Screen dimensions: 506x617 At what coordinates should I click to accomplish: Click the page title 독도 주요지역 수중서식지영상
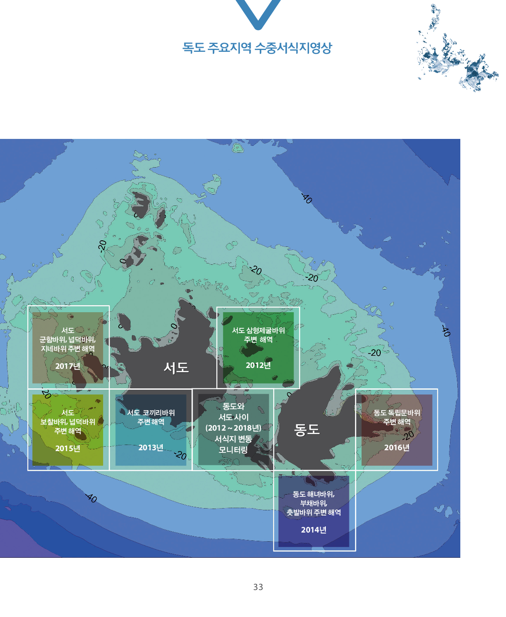click(x=257, y=48)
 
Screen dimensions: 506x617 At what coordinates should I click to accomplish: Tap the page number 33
click(x=258, y=587)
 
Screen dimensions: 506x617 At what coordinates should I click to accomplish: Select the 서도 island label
click(x=176, y=368)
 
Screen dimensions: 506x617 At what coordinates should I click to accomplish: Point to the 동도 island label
click(x=307, y=429)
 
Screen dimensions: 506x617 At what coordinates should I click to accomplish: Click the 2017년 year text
click(x=67, y=366)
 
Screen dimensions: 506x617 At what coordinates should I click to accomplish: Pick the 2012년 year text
click(x=258, y=365)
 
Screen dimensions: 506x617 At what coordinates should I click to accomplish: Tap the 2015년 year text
click(x=67, y=448)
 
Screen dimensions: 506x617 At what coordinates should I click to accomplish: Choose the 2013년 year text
click(x=151, y=447)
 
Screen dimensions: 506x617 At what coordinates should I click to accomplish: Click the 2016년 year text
click(x=397, y=447)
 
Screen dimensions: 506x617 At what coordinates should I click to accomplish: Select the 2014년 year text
click(x=314, y=529)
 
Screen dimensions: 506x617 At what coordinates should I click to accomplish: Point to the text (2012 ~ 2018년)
click(x=233, y=428)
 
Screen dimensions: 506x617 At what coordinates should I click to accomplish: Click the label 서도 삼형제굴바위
click(x=258, y=330)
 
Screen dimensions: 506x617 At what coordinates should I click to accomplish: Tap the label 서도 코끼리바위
click(x=151, y=412)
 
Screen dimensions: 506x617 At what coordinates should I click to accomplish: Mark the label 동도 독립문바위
click(x=397, y=412)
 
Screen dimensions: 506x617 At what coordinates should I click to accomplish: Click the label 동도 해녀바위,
click(x=314, y=494)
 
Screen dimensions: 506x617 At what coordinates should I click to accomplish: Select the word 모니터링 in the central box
click(x=233, y=450)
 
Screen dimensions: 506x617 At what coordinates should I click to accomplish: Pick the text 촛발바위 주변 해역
click(x=314, y=512)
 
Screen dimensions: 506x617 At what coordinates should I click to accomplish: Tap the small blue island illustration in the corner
click(x=457, y=48)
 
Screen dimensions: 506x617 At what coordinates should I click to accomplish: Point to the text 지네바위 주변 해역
click(x=67, y=348)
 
